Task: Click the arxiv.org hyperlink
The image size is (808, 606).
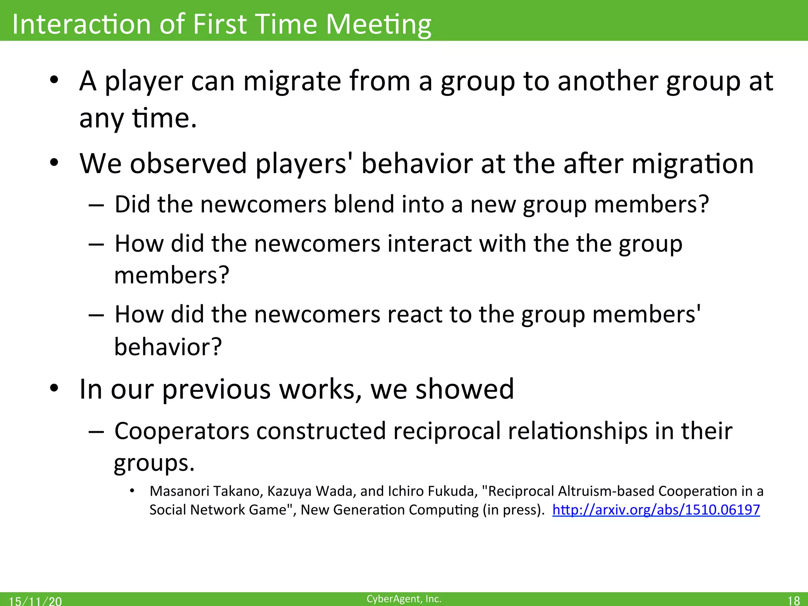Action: pyautogui.click(x=656, y=510)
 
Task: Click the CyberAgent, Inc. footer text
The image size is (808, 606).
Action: pyautogui.click(x=404, y=599)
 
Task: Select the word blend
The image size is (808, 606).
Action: pyautogui.click(x=363, y=204)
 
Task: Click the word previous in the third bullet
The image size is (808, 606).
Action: pyautogui.click(x=217, y=389)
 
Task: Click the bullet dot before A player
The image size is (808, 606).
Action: pyautogui.click(x=54, y=80)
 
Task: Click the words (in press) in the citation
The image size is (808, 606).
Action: pyautogui.click(x=512, y=510)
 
